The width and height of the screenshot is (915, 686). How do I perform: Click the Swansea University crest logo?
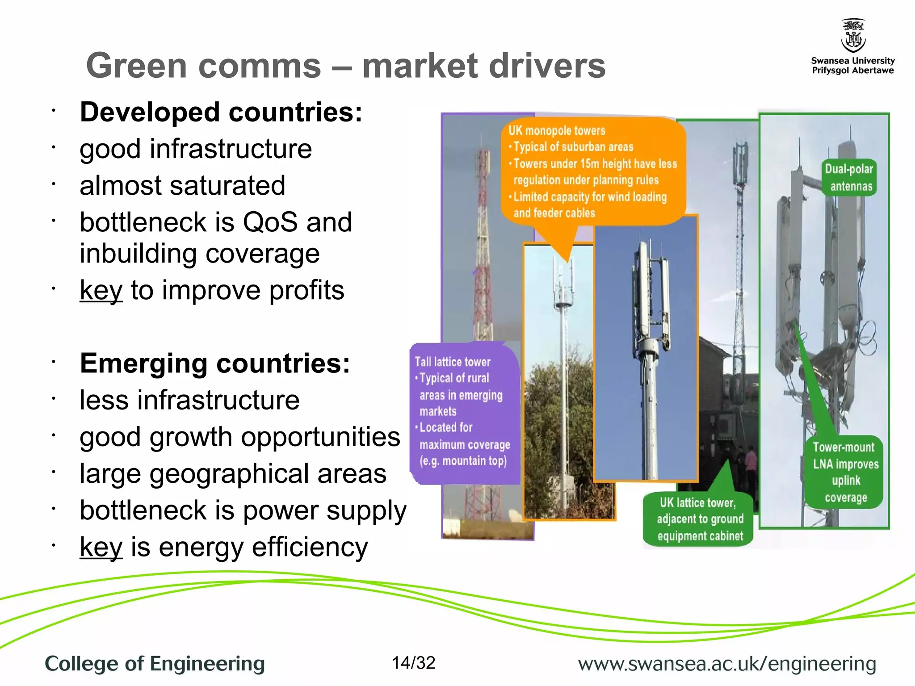(x=853, y=36)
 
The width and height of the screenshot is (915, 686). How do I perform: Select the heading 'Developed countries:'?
(x=221, y=112)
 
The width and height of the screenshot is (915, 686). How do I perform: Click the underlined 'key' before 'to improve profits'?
(x=101, y=290)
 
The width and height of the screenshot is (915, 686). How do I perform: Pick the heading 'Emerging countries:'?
(x=215, y=363)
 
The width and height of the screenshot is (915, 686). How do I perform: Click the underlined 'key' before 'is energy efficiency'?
(x=101, y=547)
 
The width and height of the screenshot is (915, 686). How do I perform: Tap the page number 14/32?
(x=413, y=663)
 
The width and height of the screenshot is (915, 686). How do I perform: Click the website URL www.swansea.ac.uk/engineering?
(x=727, y=664)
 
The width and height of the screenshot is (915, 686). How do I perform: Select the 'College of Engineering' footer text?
(x=155, y=664)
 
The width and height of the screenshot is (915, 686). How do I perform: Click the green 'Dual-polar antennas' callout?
(x=849, y=177)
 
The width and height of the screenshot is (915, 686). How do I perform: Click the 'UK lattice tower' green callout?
(x=698, y=519)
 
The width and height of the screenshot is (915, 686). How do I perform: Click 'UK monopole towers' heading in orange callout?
(x=557, y=130)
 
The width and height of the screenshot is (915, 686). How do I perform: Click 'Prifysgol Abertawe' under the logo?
(x=852, y=71)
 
